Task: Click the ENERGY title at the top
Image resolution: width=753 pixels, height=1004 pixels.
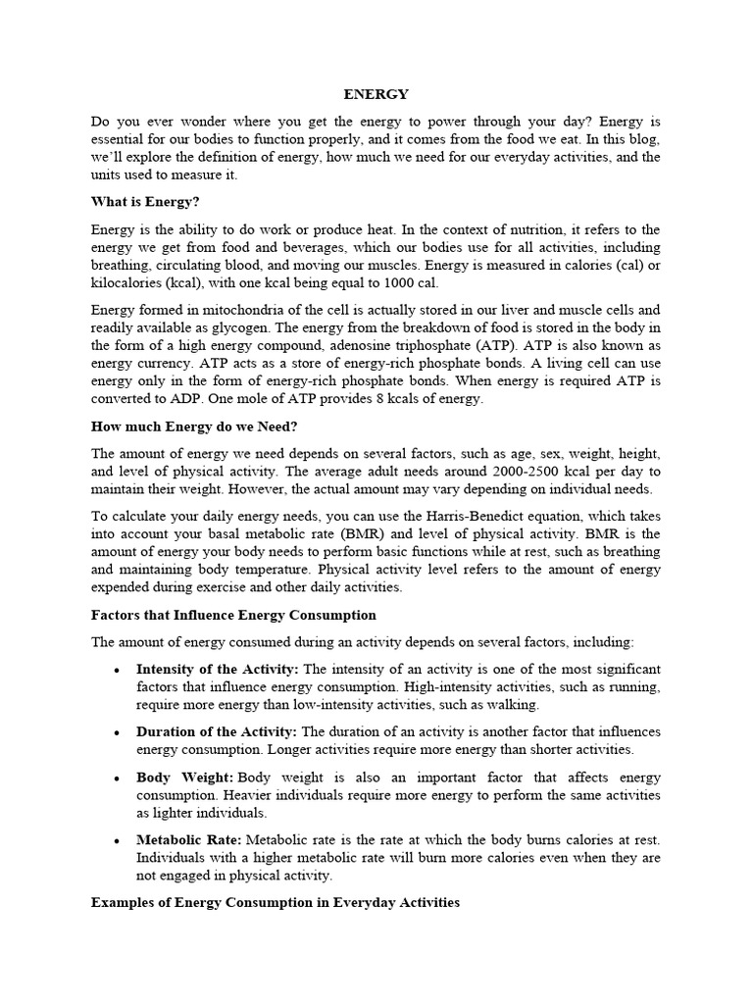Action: pyautogui.click(x=376, y=94)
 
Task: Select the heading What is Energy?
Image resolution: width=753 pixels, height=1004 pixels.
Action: pyautogui.click(x=145, y=202)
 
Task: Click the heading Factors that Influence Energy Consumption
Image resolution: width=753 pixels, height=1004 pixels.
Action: pyautogui.click(x=233, y=615)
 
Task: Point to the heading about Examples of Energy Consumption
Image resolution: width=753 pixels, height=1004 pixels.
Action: pyautogui.click(x=276, y=902)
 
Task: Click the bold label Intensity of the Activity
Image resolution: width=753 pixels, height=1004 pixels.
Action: pyautogui.click(x=218, y=669)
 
